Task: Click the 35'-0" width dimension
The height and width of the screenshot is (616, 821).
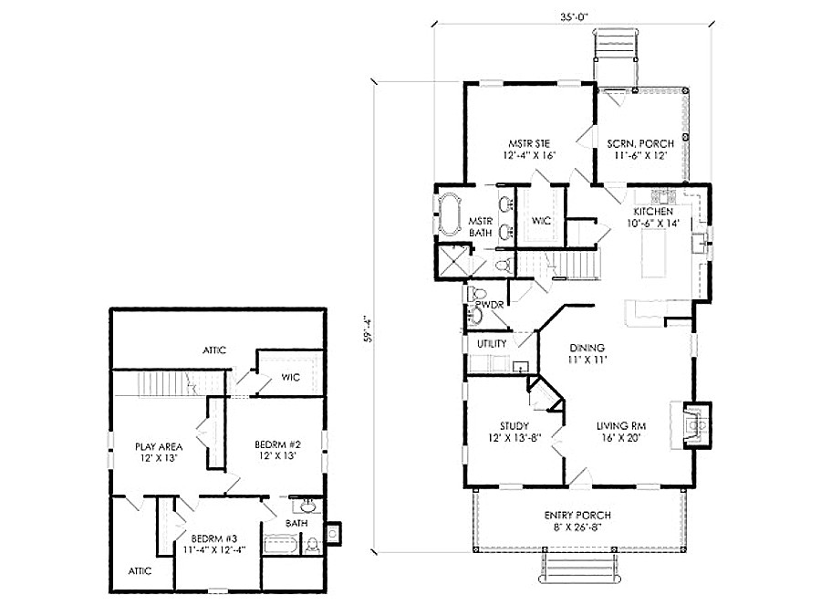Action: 575,16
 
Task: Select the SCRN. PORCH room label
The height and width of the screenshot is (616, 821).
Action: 640,143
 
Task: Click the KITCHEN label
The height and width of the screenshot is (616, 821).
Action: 653,212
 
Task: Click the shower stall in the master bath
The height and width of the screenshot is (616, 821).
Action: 452,260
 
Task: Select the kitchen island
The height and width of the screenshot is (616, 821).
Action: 655,254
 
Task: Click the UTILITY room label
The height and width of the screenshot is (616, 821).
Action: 492,344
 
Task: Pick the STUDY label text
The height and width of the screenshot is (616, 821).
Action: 514,426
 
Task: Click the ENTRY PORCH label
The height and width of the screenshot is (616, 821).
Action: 577,516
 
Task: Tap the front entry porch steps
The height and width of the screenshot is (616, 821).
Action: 581,568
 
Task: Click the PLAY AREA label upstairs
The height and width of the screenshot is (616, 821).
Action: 159,447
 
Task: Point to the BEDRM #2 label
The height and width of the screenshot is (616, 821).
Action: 278,444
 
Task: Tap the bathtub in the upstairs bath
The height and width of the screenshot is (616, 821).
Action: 281,545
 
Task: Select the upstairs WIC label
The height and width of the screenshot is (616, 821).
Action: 291,377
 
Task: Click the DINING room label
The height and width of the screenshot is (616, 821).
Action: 587,348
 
